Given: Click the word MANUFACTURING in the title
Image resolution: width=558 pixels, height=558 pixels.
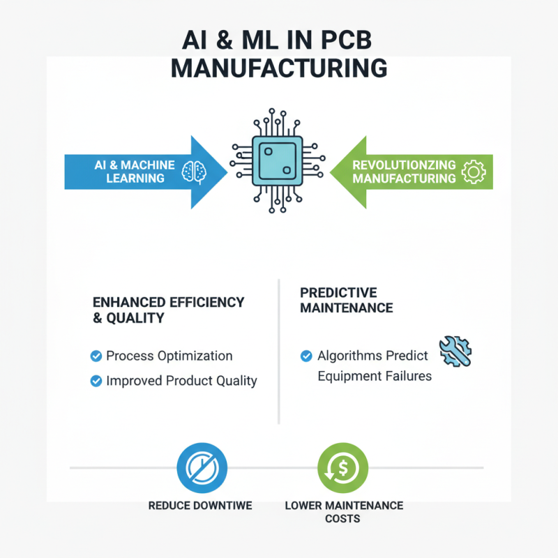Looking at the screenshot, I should point(279,68).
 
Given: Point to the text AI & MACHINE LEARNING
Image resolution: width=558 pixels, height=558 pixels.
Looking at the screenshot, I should point(135,172).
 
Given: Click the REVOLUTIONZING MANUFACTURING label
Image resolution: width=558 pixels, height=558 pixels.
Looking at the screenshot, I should point(404,172).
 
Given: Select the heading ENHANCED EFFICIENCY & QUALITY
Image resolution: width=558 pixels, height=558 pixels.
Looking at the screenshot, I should point(169,310).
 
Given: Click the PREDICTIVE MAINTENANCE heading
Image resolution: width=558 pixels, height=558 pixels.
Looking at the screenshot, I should point(347,299).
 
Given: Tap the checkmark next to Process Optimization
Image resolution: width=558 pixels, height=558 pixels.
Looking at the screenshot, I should point(96,356).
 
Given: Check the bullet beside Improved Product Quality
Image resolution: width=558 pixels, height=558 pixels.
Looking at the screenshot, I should point(96,381).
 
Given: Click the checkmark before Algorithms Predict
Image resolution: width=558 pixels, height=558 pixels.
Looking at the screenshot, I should point(306,356).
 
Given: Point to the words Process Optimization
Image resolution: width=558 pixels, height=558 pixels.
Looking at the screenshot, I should point(169,356).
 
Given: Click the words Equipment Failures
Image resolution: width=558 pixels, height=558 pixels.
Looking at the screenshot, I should point(375,377).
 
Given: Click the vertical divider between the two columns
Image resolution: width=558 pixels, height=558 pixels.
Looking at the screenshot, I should point(279,352).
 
